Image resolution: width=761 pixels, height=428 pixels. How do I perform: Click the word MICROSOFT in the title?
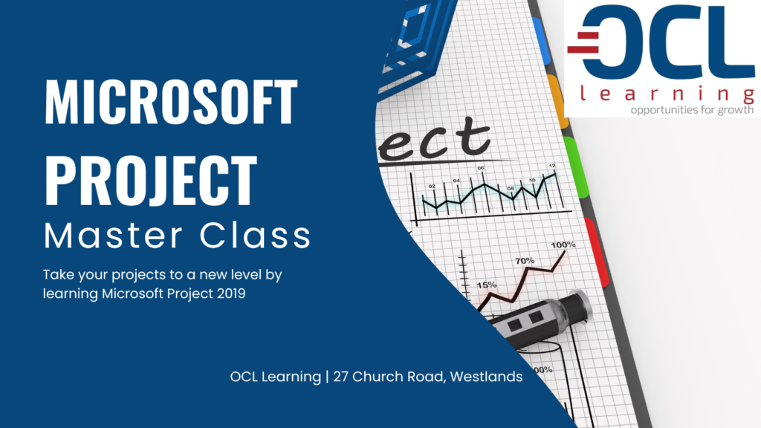click(x=171, y=101)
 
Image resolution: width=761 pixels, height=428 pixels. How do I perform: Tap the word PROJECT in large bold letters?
click(x=150, y=181)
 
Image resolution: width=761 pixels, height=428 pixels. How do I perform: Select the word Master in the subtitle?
click(x=113, y=236)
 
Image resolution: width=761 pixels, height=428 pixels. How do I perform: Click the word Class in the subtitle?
click(x=255, y=236)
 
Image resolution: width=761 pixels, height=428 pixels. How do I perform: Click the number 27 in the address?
click(x=340, y=377)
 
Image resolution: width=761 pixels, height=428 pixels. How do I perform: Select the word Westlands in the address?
click(x=486, y=377)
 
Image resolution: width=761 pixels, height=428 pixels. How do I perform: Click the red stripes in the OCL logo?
click(x=583, y=42)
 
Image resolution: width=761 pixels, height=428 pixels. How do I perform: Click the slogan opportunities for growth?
click(x=692, y=110)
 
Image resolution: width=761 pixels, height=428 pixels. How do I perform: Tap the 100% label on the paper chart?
click(x=563, y=244)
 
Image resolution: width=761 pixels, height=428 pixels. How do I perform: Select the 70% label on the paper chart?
click(x=525, y=261)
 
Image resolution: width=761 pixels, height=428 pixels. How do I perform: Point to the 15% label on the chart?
click(x=486, y=285)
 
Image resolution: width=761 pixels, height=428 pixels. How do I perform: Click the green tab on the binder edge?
click(x=576, y=167)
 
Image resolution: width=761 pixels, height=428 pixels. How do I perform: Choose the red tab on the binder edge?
click(x=597, y=253)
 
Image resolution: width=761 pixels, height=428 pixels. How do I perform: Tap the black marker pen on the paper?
click(x=541, y=320)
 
